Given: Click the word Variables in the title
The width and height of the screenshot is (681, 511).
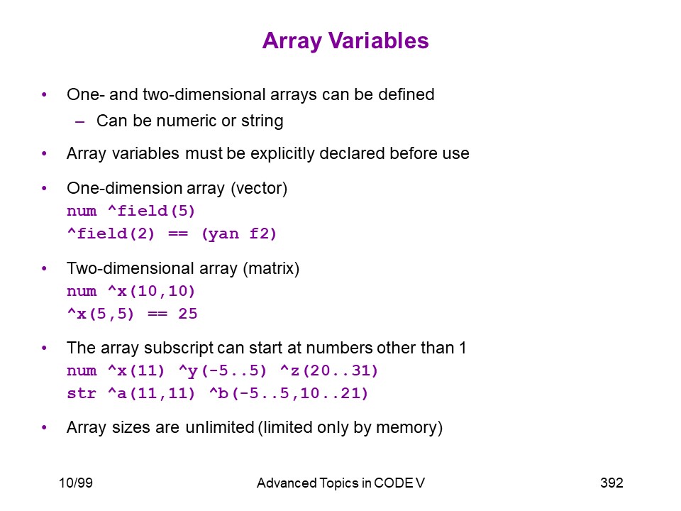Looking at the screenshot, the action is pos(378,41).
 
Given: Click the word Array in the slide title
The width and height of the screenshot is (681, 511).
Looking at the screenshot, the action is pos(292,42).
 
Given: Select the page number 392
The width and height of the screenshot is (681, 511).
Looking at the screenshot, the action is pos(611,483).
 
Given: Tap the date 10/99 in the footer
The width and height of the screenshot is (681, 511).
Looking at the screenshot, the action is pos(76,483).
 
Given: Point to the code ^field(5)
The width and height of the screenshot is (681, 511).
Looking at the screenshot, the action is pos(151,211).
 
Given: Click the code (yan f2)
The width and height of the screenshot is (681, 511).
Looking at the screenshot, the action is pos(239,233).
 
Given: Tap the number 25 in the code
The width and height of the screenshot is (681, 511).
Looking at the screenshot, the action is pos(187,313).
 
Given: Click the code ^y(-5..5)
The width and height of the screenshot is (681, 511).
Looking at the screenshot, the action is pos(222,370).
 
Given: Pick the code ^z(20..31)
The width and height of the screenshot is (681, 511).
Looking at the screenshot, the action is pos(329,370).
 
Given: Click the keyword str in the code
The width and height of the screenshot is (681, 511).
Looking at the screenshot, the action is pos(82,393).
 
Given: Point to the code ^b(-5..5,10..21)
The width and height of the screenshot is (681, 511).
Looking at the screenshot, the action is pos(289,393).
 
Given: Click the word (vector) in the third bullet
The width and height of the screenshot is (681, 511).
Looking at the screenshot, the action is pos(260,188).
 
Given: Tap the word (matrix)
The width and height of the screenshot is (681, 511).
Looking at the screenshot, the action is pos(271,268).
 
